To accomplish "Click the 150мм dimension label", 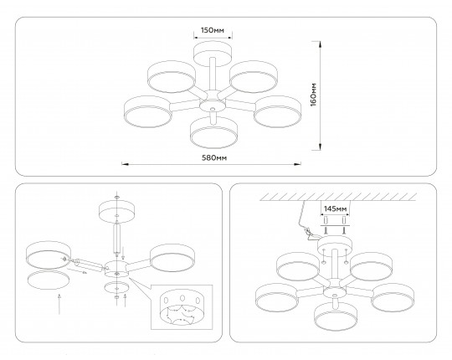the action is click(213, 30).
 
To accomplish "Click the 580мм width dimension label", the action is click(214, 158).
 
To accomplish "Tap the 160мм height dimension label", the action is click(314, 95).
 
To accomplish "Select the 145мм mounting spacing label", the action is click(335, 208).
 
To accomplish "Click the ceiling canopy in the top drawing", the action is click(213, 54).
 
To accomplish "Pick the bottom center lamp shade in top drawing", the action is click(213, 132).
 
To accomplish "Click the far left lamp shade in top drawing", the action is click(148, 111).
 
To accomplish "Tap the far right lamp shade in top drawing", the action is click(278, 111).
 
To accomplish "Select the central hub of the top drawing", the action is click(213, 101).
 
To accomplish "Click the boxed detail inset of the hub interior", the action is click(182, 307).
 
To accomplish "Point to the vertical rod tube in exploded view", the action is click(116, 238).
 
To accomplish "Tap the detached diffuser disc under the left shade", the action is click(49, 280).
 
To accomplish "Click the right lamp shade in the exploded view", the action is click(172, 258).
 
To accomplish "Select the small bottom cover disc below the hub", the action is click(116, 287).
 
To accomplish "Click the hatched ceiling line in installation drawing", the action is click(338, 197).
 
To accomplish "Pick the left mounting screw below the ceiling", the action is click(326, 230).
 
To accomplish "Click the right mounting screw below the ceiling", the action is click(344, 230).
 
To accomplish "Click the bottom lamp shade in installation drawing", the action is click(336, 316).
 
